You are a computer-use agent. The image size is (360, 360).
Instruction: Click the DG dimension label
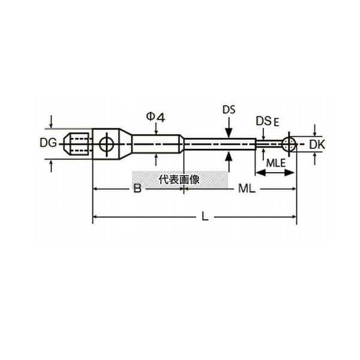[x=48, y=143]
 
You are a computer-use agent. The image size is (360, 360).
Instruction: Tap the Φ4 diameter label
[x=155, y=118]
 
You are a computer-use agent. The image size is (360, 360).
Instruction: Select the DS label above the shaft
[x=229, y=110]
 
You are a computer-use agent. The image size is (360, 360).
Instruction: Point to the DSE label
[x=268, y=121]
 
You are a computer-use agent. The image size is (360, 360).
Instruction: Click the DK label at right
[x=317, y=145]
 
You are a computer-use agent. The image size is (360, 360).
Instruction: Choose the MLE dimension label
[x=276, y=163]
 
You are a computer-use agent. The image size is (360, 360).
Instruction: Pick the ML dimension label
[x=247, y=189]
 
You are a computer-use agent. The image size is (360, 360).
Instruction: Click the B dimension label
[x=137, y=189]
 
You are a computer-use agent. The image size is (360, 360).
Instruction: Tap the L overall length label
[x=205, y=217]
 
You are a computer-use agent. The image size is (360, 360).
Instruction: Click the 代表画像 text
[x=179, y=179]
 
